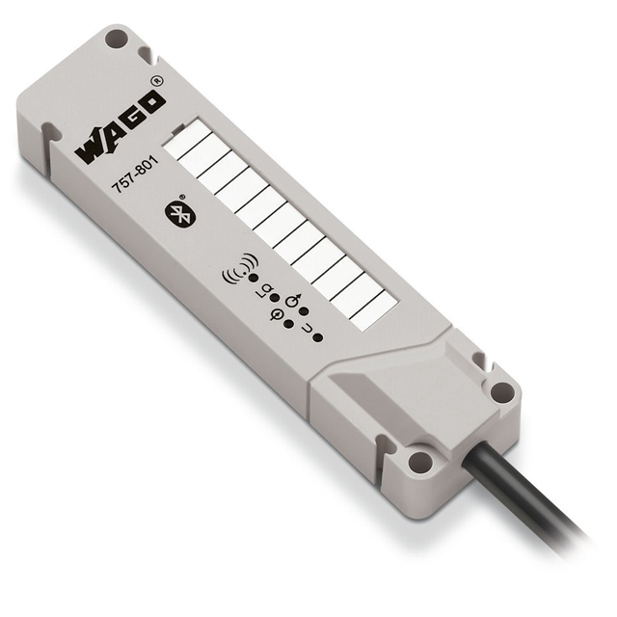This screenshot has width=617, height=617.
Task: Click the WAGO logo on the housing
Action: click(120, 129)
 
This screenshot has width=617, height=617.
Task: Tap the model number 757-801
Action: click(135, 174)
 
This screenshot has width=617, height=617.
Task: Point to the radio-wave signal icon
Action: click(240, 268)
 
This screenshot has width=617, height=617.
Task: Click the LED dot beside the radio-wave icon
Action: click(254, 279)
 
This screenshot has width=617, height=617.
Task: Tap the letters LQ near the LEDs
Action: click(262, 291)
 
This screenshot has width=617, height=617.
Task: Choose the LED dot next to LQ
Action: click(275, 298)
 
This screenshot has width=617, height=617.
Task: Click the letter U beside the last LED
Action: click(307, 329)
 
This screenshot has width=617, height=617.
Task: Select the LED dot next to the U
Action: click(317, 337)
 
